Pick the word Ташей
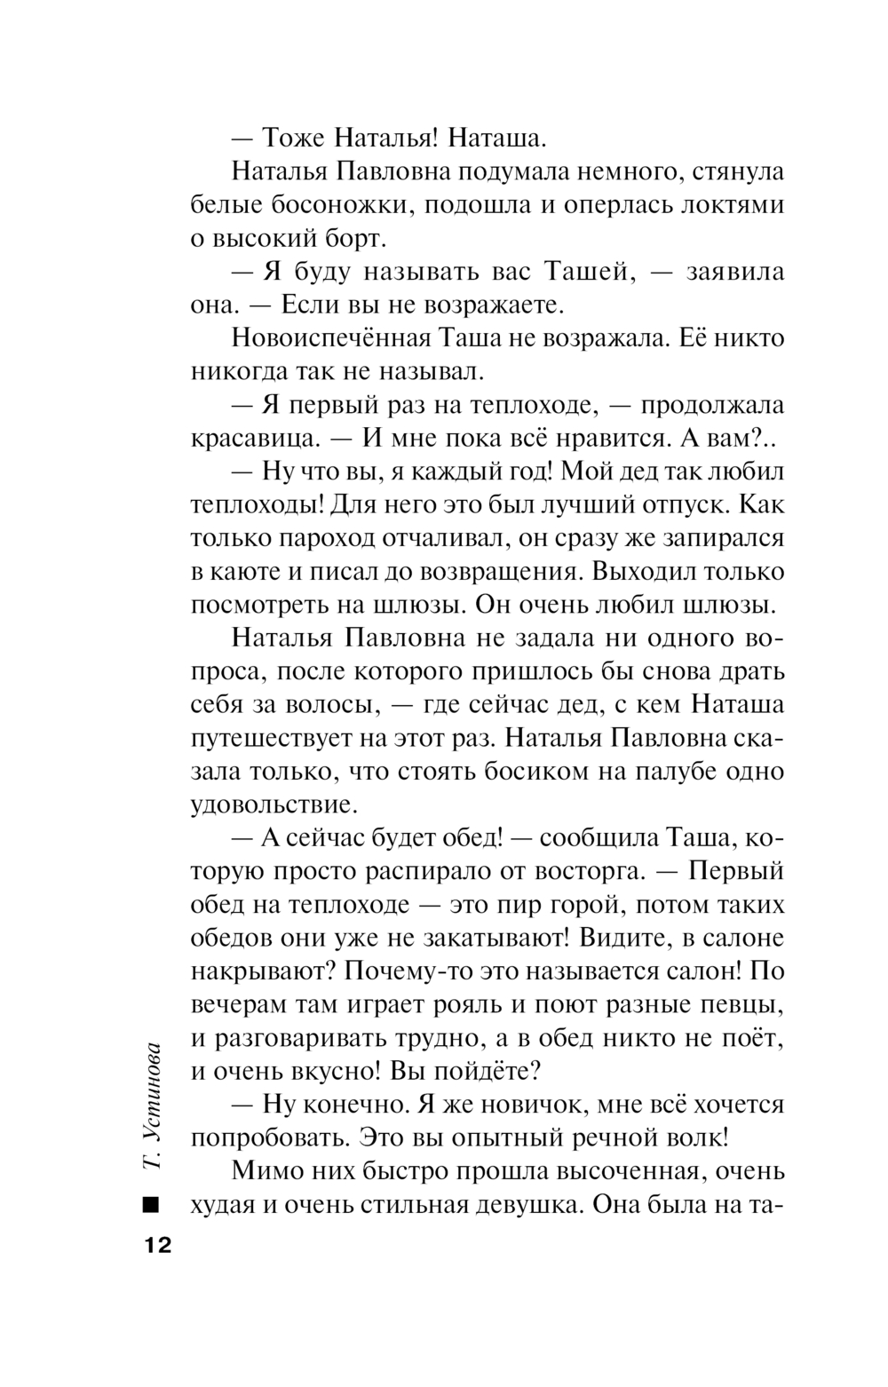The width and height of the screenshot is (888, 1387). point(589,272)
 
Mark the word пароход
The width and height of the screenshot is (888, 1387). point(328,538)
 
